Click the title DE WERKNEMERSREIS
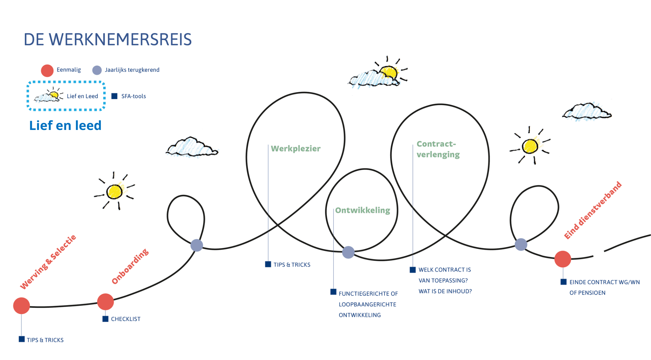coord(107,40)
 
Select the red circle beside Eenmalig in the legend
coord(47,71)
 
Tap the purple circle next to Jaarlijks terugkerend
coord(97,70)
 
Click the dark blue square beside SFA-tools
coord(114,96)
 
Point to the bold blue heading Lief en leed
coord(65,126)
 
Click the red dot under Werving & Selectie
coord(21,306)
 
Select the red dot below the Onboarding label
coord(106,302)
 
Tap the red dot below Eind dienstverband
coord(563,259)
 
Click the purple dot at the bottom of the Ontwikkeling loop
coord(348,252)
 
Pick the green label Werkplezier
coord(296,148)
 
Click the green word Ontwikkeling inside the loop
coord(362,210)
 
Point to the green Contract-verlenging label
coord(438,149)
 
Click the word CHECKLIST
coord(126,319)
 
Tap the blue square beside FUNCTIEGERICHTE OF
coord(333,292)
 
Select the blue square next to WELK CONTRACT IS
coord(413,270)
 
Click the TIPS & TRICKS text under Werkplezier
coord(292,265)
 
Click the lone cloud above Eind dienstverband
coord(587,112)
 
